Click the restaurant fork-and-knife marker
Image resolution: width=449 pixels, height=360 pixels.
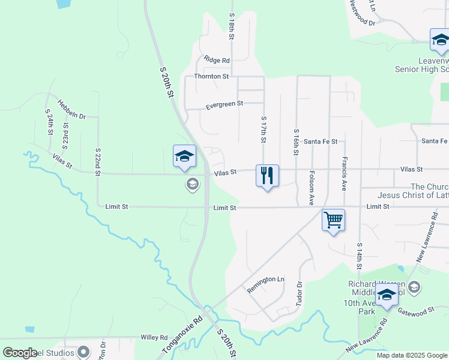[267, 175]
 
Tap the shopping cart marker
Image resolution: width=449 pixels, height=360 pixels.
[333, 220]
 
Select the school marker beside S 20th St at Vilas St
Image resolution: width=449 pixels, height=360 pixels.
[184, 157]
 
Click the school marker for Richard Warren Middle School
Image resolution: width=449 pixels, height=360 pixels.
[387, 296]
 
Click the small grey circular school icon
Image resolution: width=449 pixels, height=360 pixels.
[192, 184]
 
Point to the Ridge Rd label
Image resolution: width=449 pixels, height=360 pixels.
[217, 60]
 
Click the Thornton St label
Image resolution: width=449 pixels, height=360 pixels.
[211, 77]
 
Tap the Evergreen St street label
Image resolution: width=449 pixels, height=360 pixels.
[224, 104]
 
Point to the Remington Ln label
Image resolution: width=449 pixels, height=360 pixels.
[265, 284]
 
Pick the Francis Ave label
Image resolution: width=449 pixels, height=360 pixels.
[345, 173]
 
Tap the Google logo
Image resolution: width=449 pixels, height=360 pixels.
[20, 352]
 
